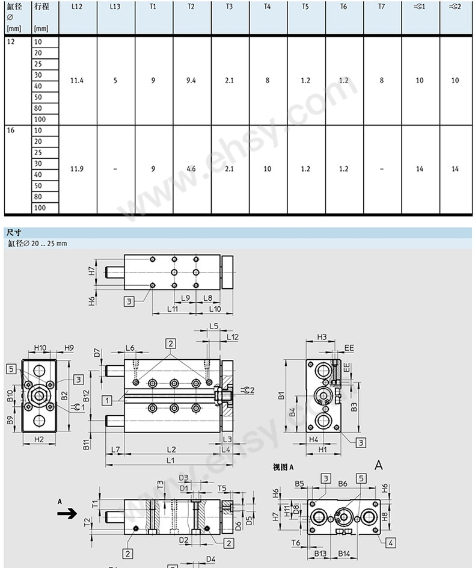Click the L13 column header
pyautogui.click(x=115, y=7)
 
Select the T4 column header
pyautogui.click(x=267, y=7)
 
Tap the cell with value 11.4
pyautogui.click(x=77, y=81)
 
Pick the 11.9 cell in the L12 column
pyautogui.click(x=77, y=169)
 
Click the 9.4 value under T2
pyautogui.click(x=191, y=81)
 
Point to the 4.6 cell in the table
pyautogui.click(x=191, y=169)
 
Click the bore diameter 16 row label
pyautogui.click(x=11, y=130)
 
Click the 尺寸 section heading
pyautogui.click(x=14, y=233)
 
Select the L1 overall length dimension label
pyautogui.click(x=170, y=460)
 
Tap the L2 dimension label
pyautogui.click(x=171, y=449)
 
